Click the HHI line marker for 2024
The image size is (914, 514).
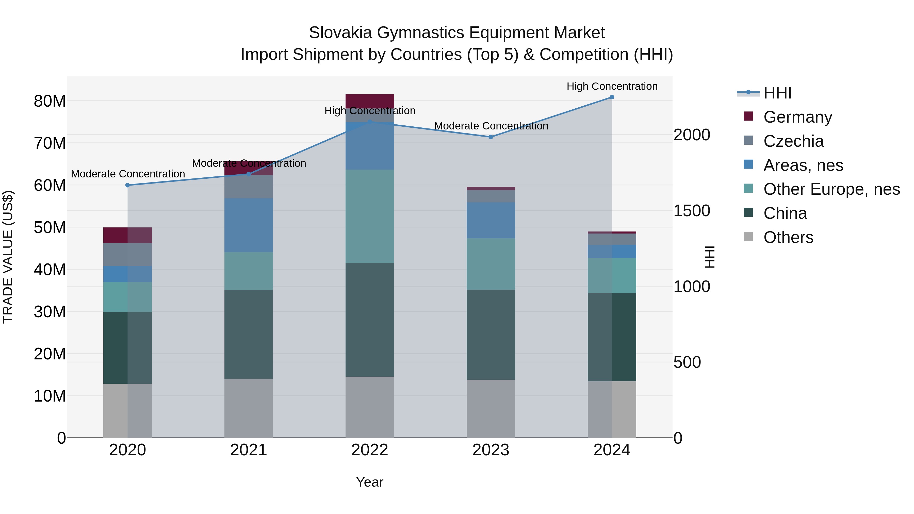click(x=612, y=97)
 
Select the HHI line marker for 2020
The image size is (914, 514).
click(x=128, y=185)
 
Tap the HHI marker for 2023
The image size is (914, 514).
click(x=491, y=137)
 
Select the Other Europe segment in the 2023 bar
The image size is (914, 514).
click(x=491, y=264)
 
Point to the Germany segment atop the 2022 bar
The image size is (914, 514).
click(x=370, y=101)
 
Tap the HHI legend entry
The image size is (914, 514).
click(x=777, y=93)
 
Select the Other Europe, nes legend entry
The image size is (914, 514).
click(x=831, y=189)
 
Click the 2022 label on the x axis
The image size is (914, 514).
click(x=370, y=450)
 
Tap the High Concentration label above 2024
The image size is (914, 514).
click(x=612, y=86)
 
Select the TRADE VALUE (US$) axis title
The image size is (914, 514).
click(x=8, y=257)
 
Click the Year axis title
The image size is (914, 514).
click(x=370, y=482)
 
